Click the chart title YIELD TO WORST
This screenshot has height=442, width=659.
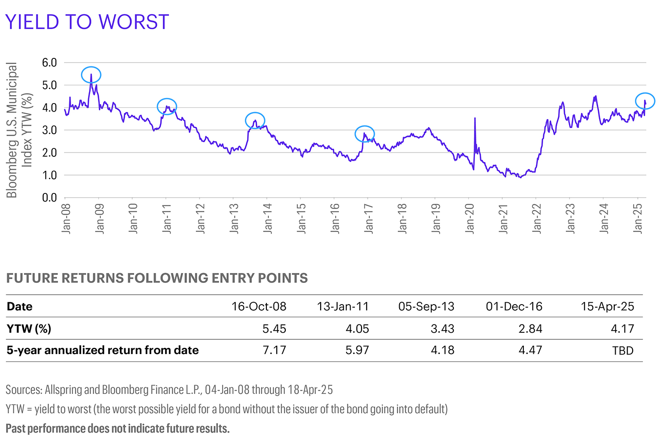(x=87, y=22)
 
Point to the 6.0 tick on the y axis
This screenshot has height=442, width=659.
(x=49, y=63)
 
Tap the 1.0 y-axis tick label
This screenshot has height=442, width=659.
(x=49, y=175)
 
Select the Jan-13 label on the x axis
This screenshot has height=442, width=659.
(x=234, y=218)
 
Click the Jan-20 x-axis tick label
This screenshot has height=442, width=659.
(x=469, y=218)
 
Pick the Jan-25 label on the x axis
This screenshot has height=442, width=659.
(x=638, y=218)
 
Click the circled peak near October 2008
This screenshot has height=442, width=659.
(x=91, y=75)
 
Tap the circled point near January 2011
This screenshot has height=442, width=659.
(x=167, y=106)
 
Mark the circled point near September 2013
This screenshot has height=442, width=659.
(x=255, y=121)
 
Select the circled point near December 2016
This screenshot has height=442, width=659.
(x=364, y=134)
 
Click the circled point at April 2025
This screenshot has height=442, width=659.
(x=645, y=101)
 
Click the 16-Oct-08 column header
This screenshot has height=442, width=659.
(x=258, y=306)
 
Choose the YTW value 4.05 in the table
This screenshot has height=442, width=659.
(x=357, y=329)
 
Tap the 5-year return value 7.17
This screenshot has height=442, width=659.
(x=274, y=350)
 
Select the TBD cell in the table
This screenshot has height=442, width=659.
(x=622, y=351)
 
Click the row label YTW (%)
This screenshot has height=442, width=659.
(x=29, y=329)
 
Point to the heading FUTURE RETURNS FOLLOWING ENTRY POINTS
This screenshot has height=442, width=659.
(x=157, y=278)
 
